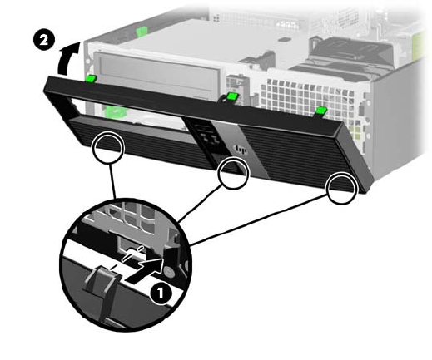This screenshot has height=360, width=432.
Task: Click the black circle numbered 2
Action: [x=44, y=40]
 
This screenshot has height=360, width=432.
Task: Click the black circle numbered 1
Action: [x=161, y=293]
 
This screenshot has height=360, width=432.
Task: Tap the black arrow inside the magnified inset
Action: [x=143, y=271]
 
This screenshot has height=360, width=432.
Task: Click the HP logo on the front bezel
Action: [x=241, y=150]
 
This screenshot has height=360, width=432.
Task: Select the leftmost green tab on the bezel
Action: [x=91, y=78]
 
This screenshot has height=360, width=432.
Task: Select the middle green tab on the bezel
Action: [x=231, y=96]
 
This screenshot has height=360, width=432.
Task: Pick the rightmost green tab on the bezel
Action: [x=320, y=111]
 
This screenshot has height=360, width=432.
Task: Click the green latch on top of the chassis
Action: [x=142, y=31]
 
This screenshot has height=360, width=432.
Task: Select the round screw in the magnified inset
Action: [x=169, y=272]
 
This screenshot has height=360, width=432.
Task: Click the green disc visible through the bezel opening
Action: [x=116, y=111]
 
